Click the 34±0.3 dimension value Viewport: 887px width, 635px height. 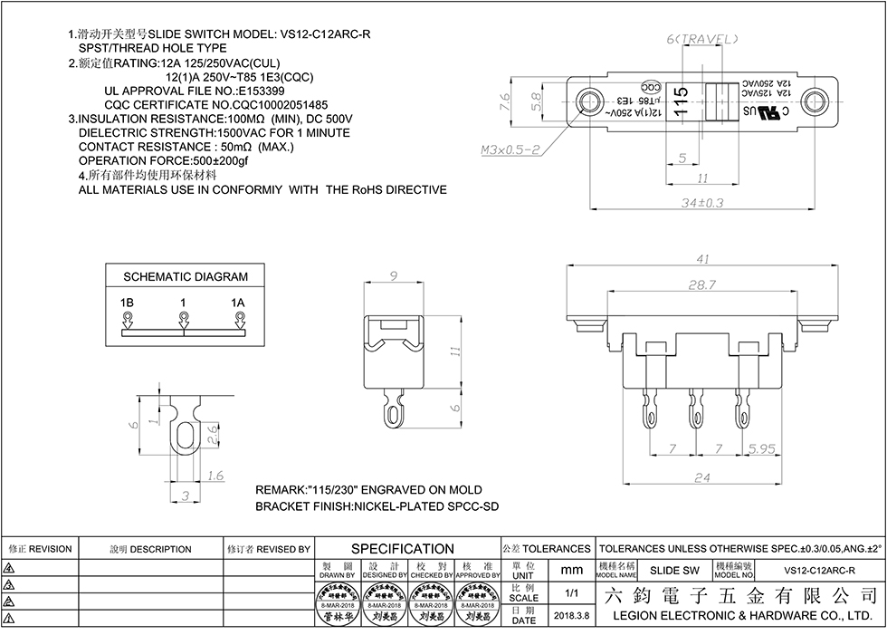coord(702,203)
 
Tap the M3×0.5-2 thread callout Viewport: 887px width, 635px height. coord(510,149)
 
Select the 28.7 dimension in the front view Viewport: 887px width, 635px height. coord(701,284)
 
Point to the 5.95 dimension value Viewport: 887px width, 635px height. coord(763,449)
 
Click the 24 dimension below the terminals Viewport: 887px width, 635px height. coord(701,477)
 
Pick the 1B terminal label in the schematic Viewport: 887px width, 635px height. coord(127,302)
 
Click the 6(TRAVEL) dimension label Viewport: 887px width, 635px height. coord(702,39)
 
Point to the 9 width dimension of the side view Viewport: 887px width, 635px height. coord(394,276)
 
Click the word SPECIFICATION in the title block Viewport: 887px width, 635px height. coord(402,549)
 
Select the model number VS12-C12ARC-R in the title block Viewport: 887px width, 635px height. coord(819,571)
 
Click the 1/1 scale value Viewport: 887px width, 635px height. coord(572,593)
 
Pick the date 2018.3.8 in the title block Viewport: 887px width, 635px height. coord(571,615)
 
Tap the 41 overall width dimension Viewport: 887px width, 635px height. coord(702,259)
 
